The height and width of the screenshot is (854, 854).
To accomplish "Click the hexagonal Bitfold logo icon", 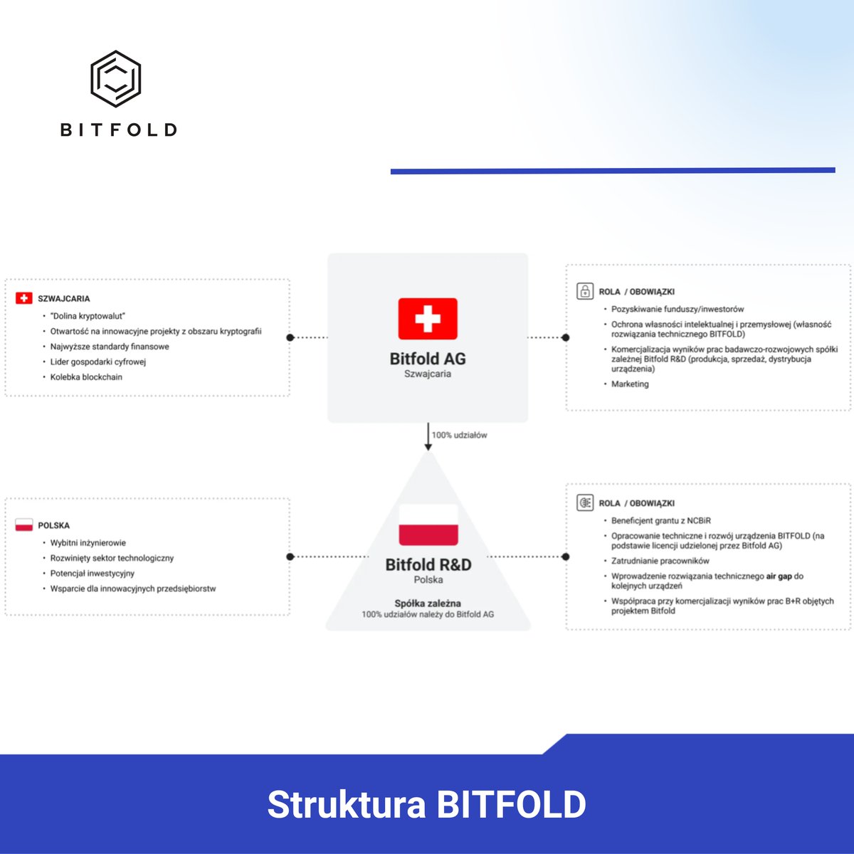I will (115, 78).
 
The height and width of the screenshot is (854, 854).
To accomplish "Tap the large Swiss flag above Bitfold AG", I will (428, 319).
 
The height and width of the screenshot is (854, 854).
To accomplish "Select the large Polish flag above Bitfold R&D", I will (428, 524).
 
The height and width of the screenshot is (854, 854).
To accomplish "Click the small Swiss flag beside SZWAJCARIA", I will (24, 298).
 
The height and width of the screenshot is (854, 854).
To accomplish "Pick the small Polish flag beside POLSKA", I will (24, 525).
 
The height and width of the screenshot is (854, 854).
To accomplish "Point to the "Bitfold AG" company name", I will (428, 359).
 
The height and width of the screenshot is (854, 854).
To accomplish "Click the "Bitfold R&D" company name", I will (428, 564).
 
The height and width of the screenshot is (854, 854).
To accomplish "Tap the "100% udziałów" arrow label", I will (460, 435).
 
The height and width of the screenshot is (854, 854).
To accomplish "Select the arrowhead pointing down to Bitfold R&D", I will (428, 446).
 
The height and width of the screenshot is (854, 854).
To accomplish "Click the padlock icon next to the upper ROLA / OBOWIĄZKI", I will (585, 291).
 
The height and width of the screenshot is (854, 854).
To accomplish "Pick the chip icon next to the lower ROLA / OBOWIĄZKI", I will (585, 502).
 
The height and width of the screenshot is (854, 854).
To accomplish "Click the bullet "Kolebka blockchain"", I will (86, 377).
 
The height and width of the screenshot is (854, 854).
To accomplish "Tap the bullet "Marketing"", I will (630, 384).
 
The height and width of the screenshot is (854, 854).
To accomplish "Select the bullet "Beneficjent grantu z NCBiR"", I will (660, 521).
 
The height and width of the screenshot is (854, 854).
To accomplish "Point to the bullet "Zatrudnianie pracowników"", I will (660, 561).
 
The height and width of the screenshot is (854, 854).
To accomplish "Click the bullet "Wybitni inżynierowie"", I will (88, 543).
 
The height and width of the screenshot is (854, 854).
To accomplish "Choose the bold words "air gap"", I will (779, 576).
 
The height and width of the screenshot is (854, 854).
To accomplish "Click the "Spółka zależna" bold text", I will (428, 603).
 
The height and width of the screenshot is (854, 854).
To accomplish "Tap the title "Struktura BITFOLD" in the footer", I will (427, 804).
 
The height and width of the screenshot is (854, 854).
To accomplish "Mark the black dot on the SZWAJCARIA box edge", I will (290, 337).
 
